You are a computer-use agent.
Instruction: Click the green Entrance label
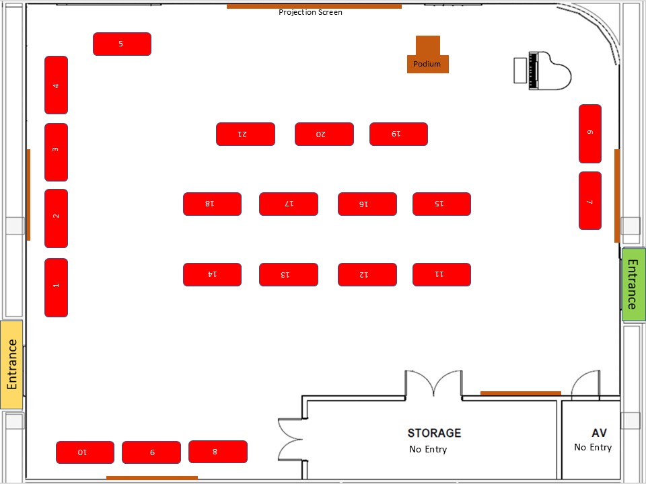632,284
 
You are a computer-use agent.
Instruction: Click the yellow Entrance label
11,365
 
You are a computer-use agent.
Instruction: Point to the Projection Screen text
310,12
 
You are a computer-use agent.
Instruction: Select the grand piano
550,71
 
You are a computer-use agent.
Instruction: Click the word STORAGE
434,433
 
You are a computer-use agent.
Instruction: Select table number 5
122,44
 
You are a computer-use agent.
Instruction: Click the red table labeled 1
56,287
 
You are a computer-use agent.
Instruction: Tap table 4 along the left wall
56,85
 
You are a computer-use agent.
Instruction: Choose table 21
245,134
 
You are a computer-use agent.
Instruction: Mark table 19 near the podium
398,134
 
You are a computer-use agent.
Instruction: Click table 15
441,204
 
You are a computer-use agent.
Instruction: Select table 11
441,274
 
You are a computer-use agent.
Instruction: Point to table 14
212,274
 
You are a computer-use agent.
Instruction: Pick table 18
212,204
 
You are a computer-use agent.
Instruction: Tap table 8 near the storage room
217,452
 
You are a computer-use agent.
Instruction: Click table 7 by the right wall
590,200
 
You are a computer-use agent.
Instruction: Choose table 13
288,274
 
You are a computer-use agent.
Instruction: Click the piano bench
519,71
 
